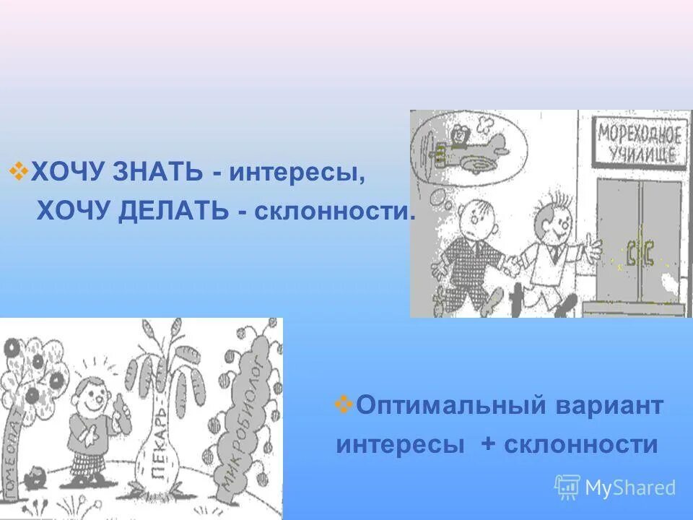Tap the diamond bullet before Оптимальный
(x=344, y=404)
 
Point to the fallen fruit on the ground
(x=33, y=477)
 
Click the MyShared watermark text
(x=629, y=487)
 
